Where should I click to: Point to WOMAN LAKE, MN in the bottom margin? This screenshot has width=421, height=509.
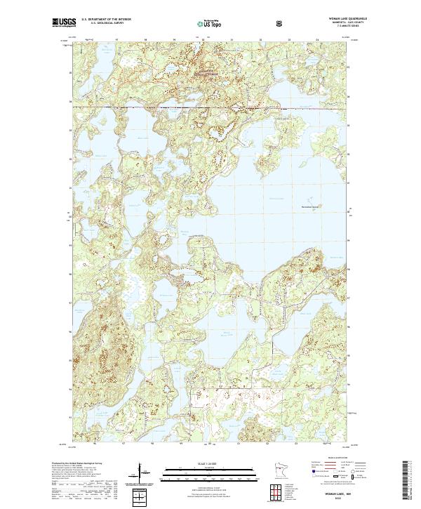334,494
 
